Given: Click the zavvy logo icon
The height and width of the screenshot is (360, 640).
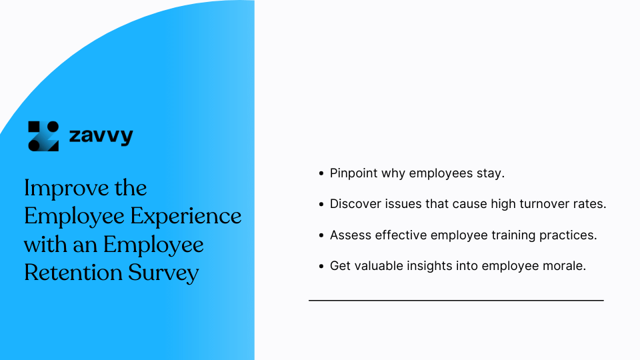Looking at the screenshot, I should coord(43,136).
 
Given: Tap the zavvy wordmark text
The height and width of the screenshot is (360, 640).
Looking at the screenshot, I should coord(101,137).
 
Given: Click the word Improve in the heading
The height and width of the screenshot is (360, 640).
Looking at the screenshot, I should coord(57,188).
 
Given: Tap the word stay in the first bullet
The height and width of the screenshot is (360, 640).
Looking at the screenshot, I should coord(491,173).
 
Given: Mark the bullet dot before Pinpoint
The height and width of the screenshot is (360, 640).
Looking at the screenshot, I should coord(321,173).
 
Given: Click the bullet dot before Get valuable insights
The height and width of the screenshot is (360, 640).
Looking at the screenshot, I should coord(321,266).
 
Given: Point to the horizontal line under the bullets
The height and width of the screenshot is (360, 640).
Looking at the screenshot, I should coord(456,301).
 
